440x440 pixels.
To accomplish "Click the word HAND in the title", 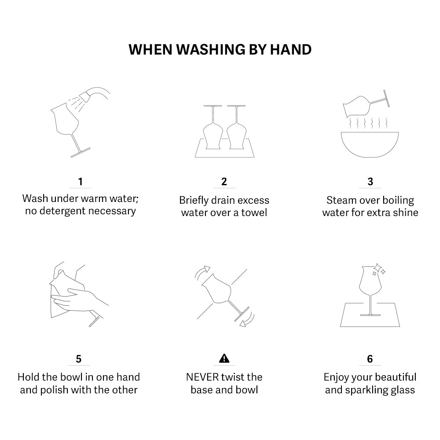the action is coord(291,50).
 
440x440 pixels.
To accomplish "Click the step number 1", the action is coord(81,182).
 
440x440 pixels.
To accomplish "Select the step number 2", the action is coord(224,182).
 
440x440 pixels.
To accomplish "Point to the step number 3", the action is coord(370,182).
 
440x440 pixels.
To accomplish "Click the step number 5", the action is coord(79,359).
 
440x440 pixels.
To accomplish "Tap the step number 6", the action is coord(370,359).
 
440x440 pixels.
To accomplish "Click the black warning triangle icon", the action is coord(224,358).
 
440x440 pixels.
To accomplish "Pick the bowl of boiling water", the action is coord(370,144).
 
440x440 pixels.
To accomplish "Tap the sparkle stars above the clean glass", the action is coord(378,269).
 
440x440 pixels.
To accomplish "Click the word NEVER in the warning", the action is coord(202,377).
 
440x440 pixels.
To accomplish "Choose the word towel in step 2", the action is coord(254,213).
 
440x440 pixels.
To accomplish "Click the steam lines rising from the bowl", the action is coord(368,123).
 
